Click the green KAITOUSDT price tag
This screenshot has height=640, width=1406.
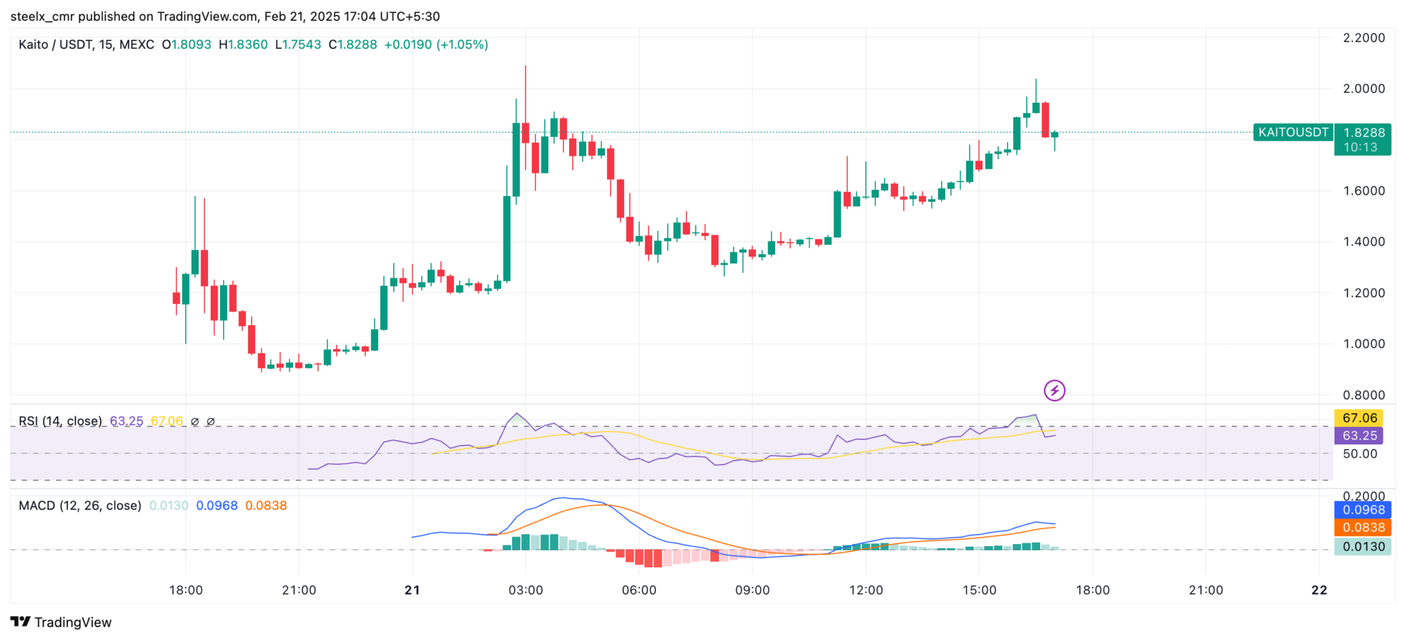tap(1293, 132)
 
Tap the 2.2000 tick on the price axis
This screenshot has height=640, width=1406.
tap(1363, 38)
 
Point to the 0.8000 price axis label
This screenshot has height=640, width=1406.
tap(1363, 395)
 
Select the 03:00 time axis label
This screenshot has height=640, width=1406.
tap(525, 590)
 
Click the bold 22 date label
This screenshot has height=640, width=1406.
tap(1319, 590)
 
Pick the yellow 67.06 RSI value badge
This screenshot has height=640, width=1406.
tap(1359, 418)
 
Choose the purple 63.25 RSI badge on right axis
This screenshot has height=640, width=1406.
tap(1359, 436)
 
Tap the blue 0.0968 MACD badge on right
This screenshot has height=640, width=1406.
tap(1363, 510)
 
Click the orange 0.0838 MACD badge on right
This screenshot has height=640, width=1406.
tap(1363, 528)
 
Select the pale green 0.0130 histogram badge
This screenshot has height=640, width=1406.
tap(1363, 547)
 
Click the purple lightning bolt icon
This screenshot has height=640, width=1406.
tap(1054, 391)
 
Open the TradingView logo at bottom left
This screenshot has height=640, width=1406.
tap(61, 622)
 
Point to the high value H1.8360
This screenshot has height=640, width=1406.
tap(243, 45)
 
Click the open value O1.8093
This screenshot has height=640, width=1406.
tap(187, 45)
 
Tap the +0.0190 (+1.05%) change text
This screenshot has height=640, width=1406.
tap(436, 45)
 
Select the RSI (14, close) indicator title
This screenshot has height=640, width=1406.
tap(60, 421)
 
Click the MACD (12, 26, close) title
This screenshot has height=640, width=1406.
tap(80, 506)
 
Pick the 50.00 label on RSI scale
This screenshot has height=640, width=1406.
tap(1359, 453)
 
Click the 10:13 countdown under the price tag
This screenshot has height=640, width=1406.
tap(1360, 147)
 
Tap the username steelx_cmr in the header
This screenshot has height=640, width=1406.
tap(43, 16)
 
